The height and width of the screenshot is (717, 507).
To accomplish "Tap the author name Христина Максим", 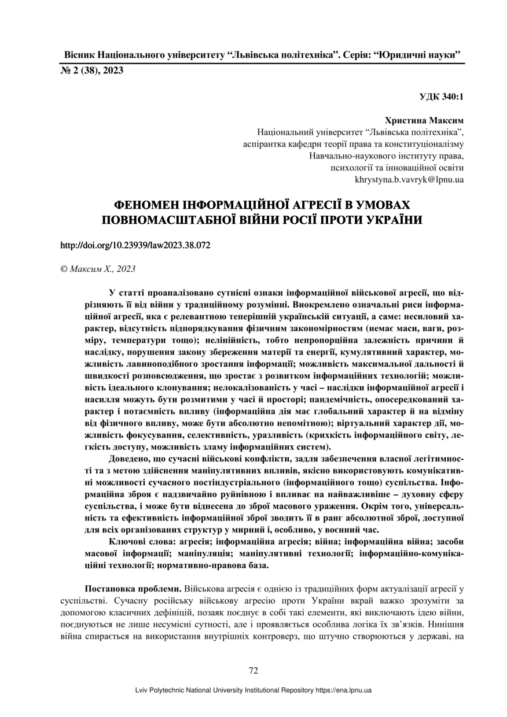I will tap(429, 121).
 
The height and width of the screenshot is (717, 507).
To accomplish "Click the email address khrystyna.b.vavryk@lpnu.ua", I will tap(409, 179).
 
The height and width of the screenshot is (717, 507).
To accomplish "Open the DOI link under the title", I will tap(135, 245).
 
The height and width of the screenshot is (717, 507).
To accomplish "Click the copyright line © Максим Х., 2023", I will tap(98, 269).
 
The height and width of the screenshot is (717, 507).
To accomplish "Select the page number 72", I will tap(253, 671).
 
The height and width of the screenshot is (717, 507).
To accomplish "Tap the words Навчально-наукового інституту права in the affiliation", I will tap(387, 156).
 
